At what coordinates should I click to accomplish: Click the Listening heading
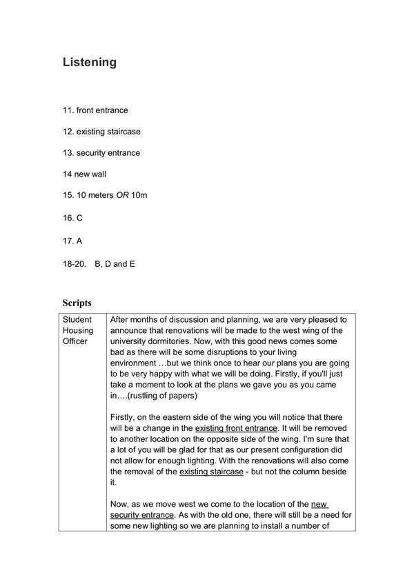(89, 63)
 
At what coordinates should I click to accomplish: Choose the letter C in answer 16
(79, 217)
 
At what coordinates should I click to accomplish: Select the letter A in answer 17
(79, 239)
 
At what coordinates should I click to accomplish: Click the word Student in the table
(77, 320)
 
